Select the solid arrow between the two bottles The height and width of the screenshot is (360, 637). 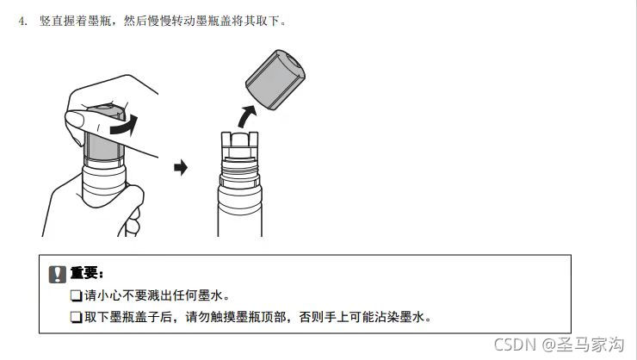point(180,167)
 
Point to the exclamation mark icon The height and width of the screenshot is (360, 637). point(56,275)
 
